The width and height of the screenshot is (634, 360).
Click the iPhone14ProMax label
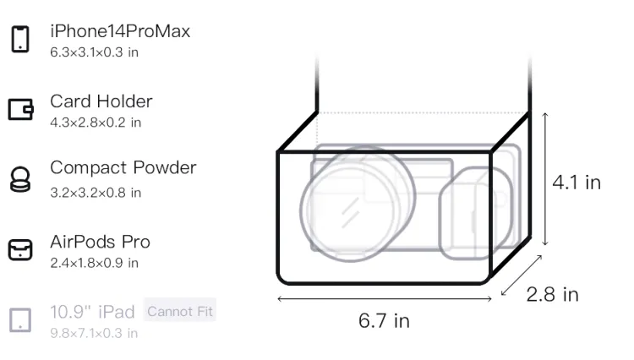click(x=120, y=31)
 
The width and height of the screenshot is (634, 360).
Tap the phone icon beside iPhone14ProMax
click(x=20, y=39)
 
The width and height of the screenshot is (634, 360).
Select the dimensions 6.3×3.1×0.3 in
click(x=94, y=52)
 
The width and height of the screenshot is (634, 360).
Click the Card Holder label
click(x=101, y=101)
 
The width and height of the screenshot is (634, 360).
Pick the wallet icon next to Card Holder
click(x=20, y=109)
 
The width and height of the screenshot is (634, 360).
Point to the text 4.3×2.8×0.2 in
click(x=96, y=123)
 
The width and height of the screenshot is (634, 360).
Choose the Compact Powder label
click(x=123, y=167)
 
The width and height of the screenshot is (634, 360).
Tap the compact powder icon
click(x=20, y=179)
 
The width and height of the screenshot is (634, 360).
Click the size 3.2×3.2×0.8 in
click(x=96, y=193)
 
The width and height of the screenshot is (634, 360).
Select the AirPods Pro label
click(x=101, y=242)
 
